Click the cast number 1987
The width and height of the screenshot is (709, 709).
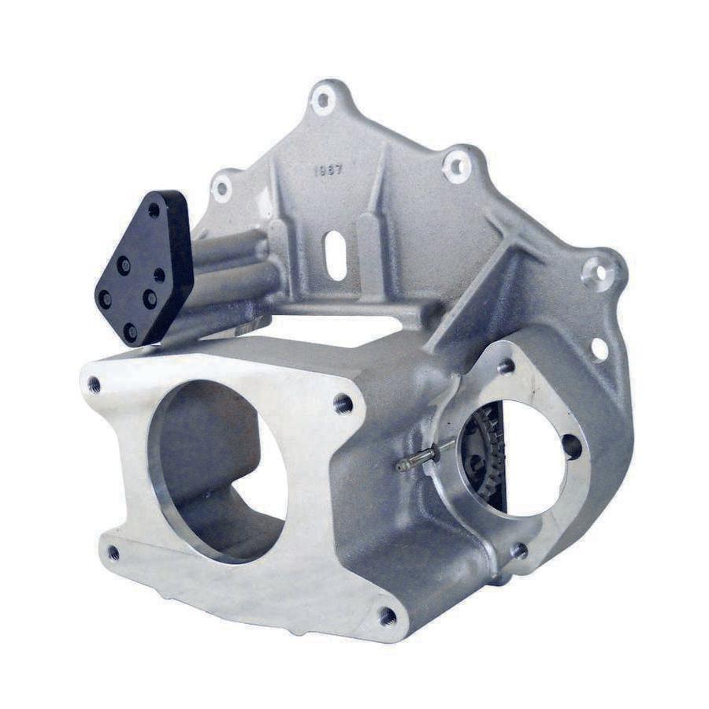pos(329,170)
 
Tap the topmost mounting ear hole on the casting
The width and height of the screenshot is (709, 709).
pos(323,100)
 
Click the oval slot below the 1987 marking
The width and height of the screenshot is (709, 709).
pos(336,255)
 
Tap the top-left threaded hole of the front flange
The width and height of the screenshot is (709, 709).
pos(95,384)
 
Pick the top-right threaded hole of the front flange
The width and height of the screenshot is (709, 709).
pos(343,404)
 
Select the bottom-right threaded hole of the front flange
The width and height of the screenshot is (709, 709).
pos(387,616)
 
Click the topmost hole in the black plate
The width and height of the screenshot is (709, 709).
pos(154,210)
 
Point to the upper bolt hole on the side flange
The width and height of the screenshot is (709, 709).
pos(506,366)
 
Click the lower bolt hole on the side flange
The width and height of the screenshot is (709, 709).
pos(518,551)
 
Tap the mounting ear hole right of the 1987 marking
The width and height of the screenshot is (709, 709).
pos(457,166)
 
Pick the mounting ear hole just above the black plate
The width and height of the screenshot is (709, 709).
pos(222,188)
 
